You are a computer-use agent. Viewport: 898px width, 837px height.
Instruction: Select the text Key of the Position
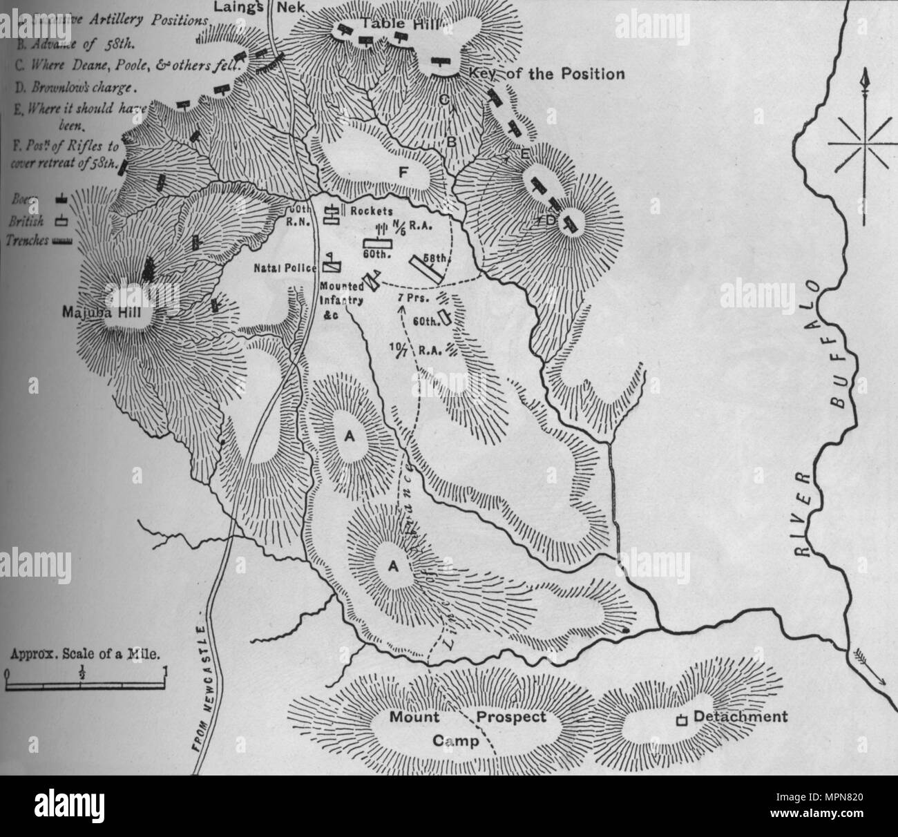click(x=546, y=74)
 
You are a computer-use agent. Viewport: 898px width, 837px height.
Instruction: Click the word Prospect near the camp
click(x=513, y=717)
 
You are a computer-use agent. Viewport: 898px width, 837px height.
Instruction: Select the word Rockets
click(x=371, y=211)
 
